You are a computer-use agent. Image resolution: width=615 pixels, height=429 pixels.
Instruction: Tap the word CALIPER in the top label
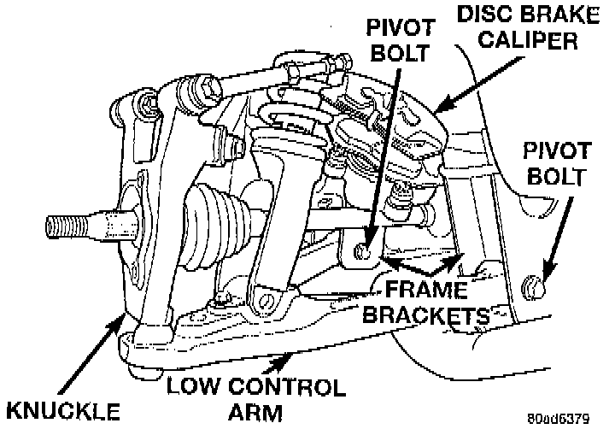click(x=533, y=40)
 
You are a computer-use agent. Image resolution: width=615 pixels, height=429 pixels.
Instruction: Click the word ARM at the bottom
click(x=255, y=413)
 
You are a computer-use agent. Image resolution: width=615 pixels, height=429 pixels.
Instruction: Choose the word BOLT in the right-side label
click(x=556, y=178)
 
